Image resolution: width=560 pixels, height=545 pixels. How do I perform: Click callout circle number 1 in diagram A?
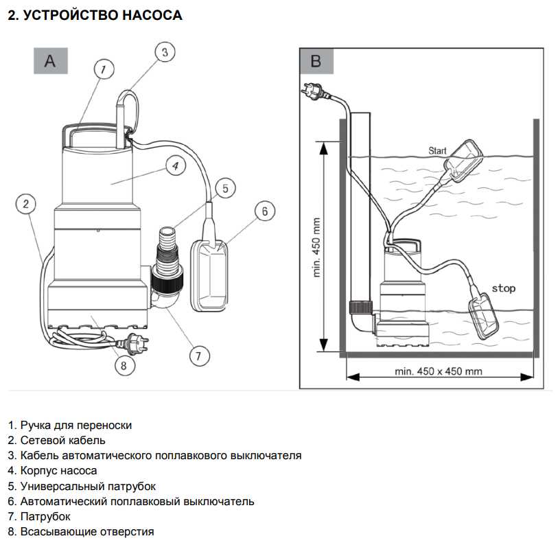coord(102,69)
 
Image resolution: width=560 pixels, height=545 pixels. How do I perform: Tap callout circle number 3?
coord(164,51)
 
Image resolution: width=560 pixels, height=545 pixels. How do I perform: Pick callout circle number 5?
coord(224,187)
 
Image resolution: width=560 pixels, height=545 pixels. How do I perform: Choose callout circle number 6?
coord(265,211)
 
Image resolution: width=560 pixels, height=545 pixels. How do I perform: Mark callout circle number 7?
coord(198,355)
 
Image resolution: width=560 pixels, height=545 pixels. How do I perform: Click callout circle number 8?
coord(124,365)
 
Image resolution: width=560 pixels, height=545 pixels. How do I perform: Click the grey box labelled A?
coord(51,60)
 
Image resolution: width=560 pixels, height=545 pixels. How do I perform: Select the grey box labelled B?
coord(316,60)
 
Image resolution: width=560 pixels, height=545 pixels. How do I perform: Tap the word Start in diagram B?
coord(437,150)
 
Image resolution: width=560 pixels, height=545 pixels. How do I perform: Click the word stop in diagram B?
coord(503,288)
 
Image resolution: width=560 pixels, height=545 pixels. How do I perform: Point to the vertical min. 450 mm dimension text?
coord(317,247)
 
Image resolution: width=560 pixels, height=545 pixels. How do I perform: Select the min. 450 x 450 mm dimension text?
coord(439,371)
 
